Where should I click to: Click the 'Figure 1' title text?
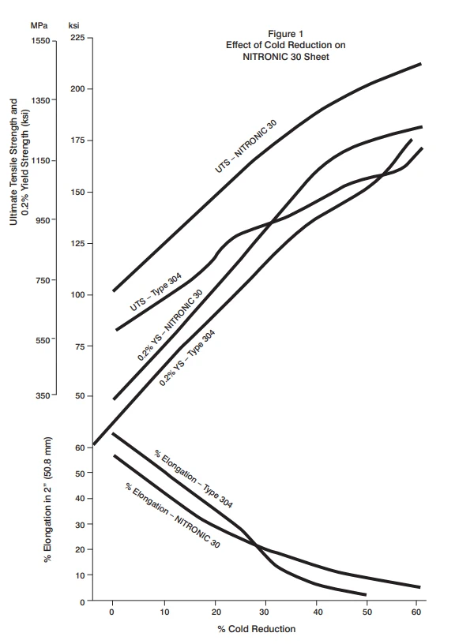[285, 34]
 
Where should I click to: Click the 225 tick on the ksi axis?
[76, 39]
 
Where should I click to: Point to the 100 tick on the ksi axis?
[76, 295]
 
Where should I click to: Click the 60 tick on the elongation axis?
[79, 447]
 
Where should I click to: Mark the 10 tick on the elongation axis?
[79, 575]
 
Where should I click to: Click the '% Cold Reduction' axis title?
[257, 629]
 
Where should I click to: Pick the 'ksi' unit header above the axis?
[73, 25]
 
